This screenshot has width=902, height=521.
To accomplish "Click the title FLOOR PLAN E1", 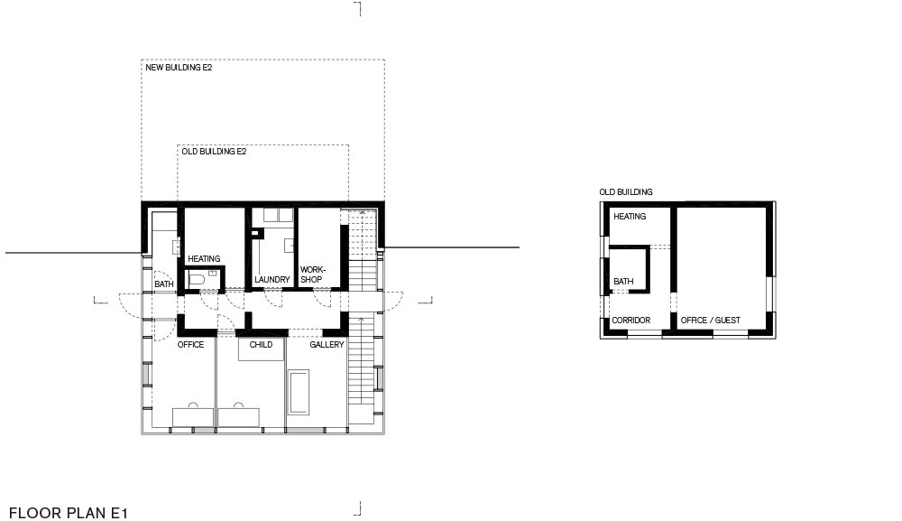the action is [68, 513].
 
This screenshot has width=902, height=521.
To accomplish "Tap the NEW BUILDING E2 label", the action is [179, 68].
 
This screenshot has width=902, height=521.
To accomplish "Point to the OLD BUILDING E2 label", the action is [214, 152].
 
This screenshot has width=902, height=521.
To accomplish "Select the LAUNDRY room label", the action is [272, 279].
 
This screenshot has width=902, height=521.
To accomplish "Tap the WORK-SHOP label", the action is [313, 274].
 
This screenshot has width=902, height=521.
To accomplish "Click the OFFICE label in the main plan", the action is [190, 344].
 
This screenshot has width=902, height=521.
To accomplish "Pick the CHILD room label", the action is [261, 344].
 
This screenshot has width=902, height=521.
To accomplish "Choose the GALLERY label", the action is [327, 344].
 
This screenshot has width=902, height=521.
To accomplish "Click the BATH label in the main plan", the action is [164, 284].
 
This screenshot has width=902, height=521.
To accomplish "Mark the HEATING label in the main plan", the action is [204, 258].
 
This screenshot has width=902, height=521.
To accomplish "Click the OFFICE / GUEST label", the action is [711, 320].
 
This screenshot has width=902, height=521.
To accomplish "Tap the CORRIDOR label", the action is [631, 320].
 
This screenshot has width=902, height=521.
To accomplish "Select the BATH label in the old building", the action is [623, 281].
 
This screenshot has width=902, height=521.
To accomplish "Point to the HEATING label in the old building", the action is [630, 217].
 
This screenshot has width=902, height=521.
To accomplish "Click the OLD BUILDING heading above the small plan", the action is [626, 191].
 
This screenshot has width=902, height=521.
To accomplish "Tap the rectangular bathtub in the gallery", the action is [299, 392].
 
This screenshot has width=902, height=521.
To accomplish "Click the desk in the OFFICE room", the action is [193, 417].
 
